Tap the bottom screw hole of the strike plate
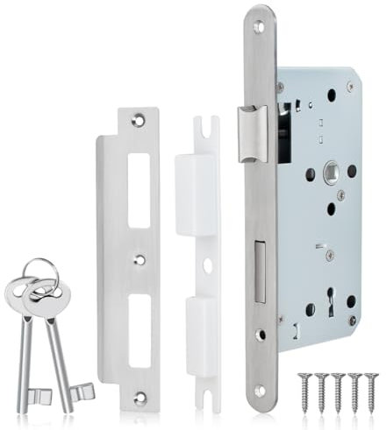coord(139,397)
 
